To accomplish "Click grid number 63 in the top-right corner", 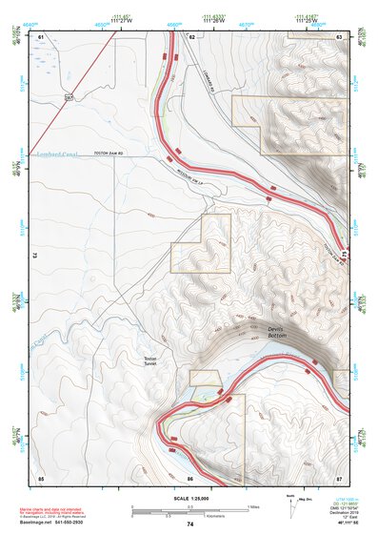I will click(340, 35).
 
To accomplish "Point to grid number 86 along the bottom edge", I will click(190, 476).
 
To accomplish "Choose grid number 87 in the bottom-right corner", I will click(340, 476).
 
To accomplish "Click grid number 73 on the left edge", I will click(34, 256).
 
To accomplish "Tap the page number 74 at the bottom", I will click(190, 525).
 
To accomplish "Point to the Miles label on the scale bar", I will click(251, 505).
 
